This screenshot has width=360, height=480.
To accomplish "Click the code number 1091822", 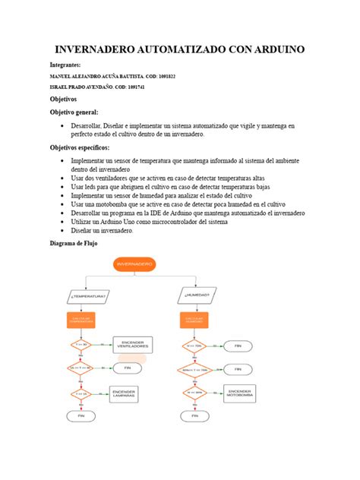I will click(x=163, y=77).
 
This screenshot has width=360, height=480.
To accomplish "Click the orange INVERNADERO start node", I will click(x=135, y=264).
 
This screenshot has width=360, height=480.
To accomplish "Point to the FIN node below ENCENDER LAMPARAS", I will click(x=81, y=416).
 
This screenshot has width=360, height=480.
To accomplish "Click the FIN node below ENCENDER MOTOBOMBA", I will click(x=194, y=416).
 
